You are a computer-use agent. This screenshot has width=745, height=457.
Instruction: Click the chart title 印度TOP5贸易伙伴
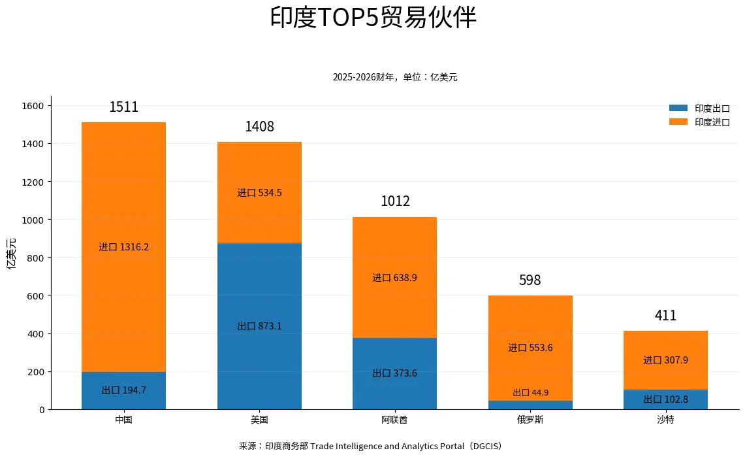coord(373,18)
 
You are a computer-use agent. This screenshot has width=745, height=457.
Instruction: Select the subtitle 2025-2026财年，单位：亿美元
coord(395,77)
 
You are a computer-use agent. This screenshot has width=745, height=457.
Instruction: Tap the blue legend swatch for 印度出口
coord(678,108)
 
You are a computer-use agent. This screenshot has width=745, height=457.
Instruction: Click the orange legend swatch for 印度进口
coord(678,122)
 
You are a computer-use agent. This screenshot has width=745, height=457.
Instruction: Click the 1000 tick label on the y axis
coord(33,220)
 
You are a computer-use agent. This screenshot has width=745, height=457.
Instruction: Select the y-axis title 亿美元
coord(11,254)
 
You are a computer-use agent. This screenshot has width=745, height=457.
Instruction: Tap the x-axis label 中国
coord(123,420)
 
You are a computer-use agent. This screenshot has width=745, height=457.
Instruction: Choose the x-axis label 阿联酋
coord(394,420)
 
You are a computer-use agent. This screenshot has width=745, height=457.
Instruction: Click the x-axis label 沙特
coord(665,420)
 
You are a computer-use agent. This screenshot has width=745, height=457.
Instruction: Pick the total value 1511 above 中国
coord(123,107)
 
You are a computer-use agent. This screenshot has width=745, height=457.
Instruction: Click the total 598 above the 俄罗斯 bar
coord(530,280)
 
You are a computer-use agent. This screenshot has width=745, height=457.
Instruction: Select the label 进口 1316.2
coord(123,247)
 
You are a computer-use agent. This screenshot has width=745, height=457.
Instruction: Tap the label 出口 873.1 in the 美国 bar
coord(259,326)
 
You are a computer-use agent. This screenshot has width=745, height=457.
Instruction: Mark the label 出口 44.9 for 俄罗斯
coord(530,392)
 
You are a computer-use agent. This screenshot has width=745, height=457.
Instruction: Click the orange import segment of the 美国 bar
coord(259,193)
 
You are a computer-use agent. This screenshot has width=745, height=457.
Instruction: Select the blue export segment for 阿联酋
coord(394,374)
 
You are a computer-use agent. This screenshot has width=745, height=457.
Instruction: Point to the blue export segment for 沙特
coord(665,399)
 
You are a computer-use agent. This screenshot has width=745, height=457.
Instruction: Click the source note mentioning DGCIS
coord(371,446)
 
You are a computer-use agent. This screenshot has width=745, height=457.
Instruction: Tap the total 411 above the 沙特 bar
coord(665,315)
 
